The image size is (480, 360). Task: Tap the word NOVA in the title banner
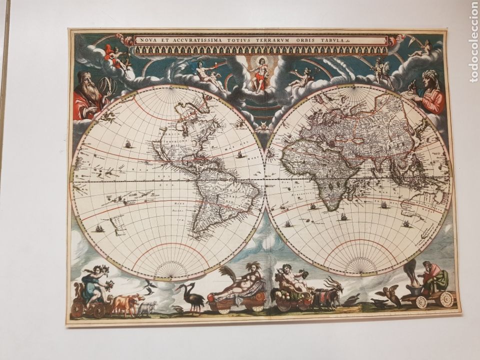148,39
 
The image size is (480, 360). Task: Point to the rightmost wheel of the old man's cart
446,299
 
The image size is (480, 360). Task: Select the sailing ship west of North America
128,144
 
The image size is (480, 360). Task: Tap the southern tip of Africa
330,205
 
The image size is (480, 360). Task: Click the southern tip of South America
200,235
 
